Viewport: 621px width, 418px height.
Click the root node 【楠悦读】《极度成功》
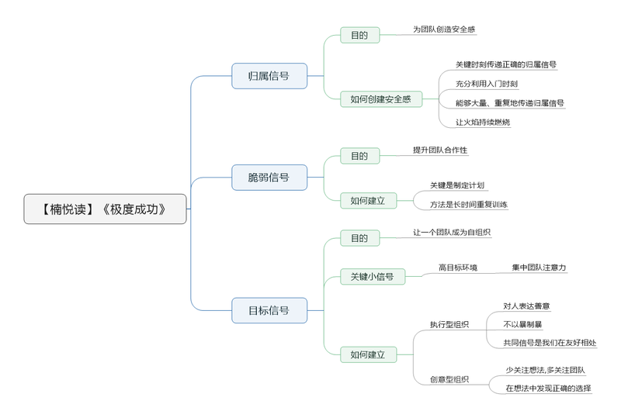105,209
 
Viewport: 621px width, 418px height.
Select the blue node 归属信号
269,75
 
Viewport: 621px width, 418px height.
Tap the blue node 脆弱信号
269,178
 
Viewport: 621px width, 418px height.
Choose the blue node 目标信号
269,310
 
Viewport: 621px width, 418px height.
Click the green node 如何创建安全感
381,99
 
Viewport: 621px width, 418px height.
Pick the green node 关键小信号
373,276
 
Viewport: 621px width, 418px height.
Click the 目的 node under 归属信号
360,35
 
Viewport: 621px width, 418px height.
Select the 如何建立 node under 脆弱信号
368,201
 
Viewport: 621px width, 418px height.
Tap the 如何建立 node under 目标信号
368,354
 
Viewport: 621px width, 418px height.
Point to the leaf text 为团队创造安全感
444,29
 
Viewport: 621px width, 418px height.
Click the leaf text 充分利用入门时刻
487,84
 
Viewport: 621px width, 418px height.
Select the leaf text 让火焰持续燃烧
483,123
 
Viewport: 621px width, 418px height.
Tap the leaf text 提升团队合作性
440,150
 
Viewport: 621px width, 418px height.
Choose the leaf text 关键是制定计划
457,185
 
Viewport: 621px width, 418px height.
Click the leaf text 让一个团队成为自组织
452,233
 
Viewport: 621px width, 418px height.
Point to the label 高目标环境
458,268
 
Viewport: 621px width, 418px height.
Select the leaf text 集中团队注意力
539,268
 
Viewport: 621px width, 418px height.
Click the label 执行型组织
449,325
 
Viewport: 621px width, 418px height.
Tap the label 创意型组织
449,379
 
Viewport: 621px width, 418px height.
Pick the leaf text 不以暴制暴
522,325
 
